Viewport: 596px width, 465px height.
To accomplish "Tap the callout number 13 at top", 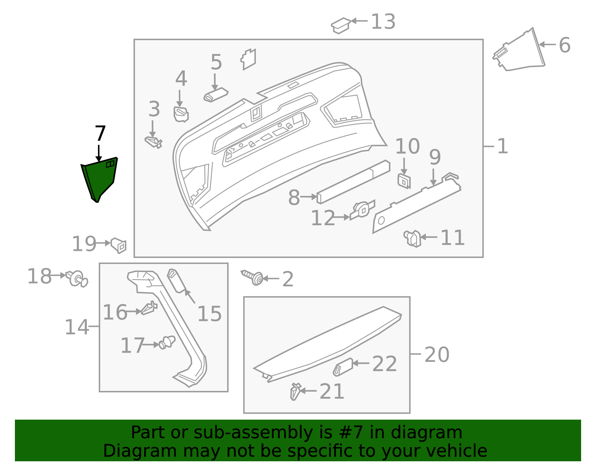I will (x=383, y=22).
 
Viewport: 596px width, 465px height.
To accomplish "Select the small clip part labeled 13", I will (x=340, y=25).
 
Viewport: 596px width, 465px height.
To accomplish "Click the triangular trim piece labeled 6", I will (x=521, y=52).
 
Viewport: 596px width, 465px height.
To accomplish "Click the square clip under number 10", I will (x=404, y=181).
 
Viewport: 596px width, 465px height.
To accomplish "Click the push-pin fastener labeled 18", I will (x=77, y=279).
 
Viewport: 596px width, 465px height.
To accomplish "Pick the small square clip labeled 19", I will (x=119, y=245).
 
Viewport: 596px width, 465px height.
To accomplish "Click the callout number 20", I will (x=437, y=354).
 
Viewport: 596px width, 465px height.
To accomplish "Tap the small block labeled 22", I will (x=343, y=367).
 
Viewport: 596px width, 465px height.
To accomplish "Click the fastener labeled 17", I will (x=167, y=342).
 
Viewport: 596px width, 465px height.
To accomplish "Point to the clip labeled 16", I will (x=149, y=308).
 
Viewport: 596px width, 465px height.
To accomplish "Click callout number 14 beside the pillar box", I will (x=77, y=327).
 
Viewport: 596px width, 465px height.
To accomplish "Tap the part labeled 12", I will (x=362, y=210).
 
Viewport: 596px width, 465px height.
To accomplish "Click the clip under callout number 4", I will (x=181, y=114).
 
